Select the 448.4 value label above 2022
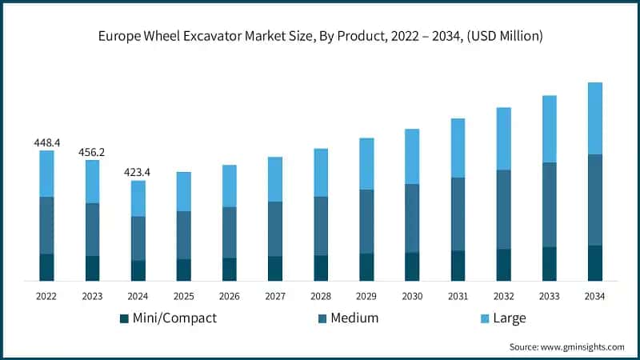point(46,142)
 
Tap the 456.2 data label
point(92,152)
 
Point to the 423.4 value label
point(138,172)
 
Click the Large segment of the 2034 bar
point(594,118)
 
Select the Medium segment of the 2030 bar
point(412,218)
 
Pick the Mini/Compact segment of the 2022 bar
point(46,267)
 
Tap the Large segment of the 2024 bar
point(138,198)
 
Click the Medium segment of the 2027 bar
point(275,229)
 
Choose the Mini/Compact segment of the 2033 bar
point(549,264)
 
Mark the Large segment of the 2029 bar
point(366,164)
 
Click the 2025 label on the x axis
point(183,296)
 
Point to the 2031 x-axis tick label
point(458,296)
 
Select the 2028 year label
point(321,296)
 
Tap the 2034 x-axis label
point(594,296)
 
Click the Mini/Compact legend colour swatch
point(124,318)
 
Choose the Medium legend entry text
point(353,318)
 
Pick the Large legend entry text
point(509,318)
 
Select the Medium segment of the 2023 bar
point(92,230)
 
